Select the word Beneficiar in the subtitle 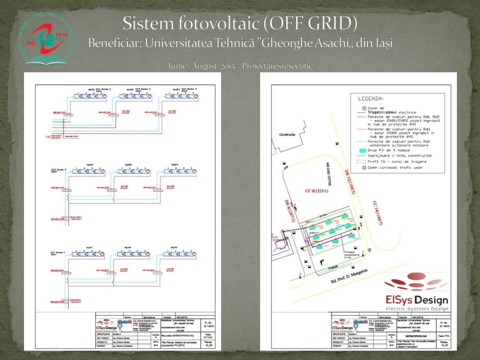[x=114, y=43]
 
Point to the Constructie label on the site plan [x=287, y=134]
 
